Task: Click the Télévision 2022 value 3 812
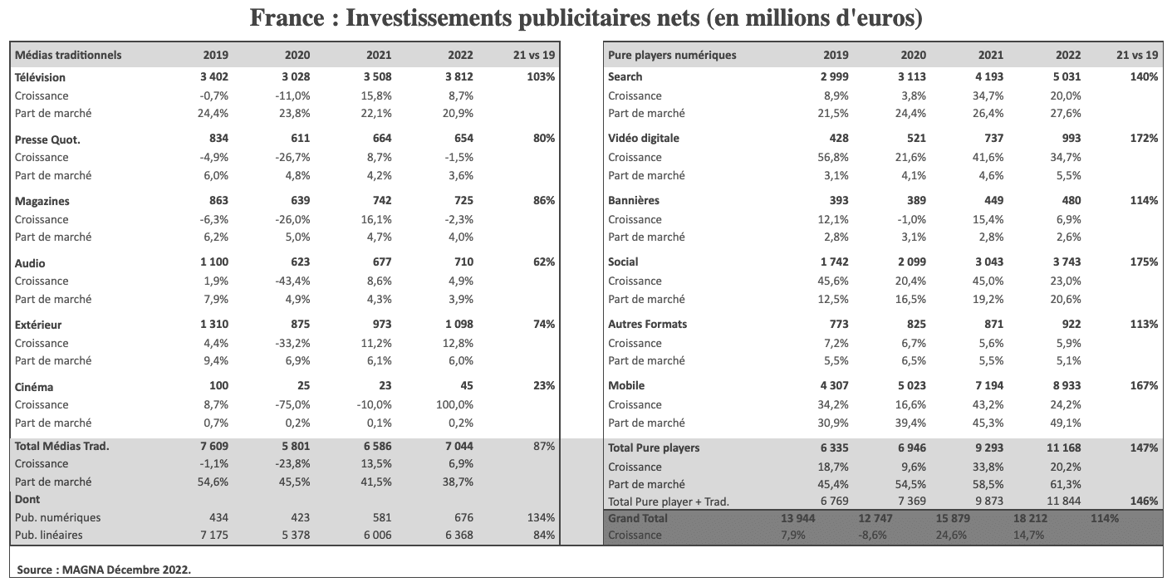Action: coord(456,77)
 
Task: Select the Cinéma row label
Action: coord(34,386)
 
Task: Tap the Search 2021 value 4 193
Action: coord(986,77)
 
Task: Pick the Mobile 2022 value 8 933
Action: coord(1063,386)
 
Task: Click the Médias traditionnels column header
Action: coord(68,55)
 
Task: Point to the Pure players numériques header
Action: coord(672,55)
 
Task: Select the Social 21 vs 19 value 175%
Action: coord(1144,262)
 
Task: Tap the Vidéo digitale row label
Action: coord(644,139)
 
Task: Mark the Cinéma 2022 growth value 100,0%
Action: coord(455,404)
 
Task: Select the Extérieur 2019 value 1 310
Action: coord(212,325)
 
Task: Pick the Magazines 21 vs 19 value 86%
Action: coord(544,201)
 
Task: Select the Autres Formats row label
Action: coord(648,325)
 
